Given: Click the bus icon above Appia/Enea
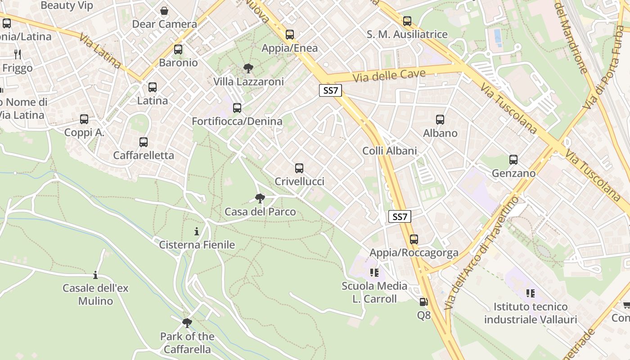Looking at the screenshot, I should (x=290, y=35).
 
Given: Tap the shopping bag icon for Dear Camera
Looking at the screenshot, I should (x=165, y=11).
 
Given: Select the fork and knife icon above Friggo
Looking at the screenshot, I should (x=18, y=54).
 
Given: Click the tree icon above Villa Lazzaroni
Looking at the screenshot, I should (x=248, y=68).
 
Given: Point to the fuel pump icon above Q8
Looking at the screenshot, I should (x=423, y=302).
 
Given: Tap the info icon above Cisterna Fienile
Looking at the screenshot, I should (x=197, y=231).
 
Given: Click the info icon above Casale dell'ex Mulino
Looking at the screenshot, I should (x=95, y=275).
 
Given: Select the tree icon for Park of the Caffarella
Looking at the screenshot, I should (x=187, y=323).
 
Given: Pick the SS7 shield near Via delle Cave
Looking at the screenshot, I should (x=331, y=90).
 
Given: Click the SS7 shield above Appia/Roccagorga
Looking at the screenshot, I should (x=400, y=217).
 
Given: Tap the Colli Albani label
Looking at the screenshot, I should (x=390, y=151).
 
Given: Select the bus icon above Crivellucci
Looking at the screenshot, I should (x=299, y=168).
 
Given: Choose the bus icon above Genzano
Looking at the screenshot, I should (x=513, y=160).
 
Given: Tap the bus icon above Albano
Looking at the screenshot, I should (x=440, y=120).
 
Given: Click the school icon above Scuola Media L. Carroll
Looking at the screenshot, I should (x=374, y=273).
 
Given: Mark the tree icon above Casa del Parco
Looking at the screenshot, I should (x=260, y=198).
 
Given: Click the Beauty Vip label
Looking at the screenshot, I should (x=67, y=5).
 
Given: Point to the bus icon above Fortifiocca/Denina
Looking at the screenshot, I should (x=237, y=108).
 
